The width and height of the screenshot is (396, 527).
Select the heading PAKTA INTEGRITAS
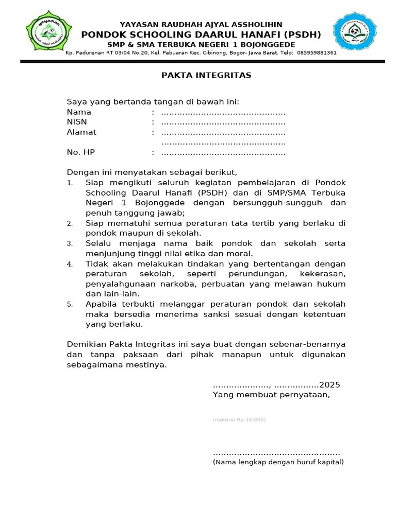pos(206,75)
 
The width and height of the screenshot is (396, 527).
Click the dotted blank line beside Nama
pos(223,113)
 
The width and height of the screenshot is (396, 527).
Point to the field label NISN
pos(77,122)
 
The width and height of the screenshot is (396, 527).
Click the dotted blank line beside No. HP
pos(223,153)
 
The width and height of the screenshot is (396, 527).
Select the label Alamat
pos(81,132)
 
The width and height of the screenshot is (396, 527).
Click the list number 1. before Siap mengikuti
pos(70,183)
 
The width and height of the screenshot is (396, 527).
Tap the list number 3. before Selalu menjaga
pos(70,243)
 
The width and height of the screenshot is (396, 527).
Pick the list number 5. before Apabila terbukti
pos(70,305)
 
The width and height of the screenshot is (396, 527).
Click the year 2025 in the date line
pos(330,385)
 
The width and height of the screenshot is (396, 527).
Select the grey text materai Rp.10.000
pos(239,419)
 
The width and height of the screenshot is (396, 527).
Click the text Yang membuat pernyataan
pos(271,395)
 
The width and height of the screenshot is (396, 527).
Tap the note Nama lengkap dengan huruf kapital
pos(278,462)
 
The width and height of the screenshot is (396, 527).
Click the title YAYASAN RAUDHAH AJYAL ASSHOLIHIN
pos(201,25)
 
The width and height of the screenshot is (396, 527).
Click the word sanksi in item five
pos(224,314)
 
